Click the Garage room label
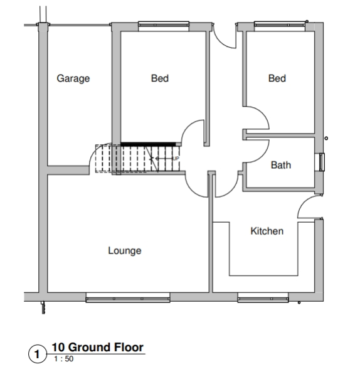[73, 78]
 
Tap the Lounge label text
[125, 251]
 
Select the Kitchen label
[267, 231]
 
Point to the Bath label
[280, 166]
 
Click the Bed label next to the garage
[159, 78]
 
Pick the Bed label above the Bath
[277, 78]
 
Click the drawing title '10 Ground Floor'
[97, 347]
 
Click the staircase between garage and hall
[138, 158]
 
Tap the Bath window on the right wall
[321, 162]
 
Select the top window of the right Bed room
[278, 26]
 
